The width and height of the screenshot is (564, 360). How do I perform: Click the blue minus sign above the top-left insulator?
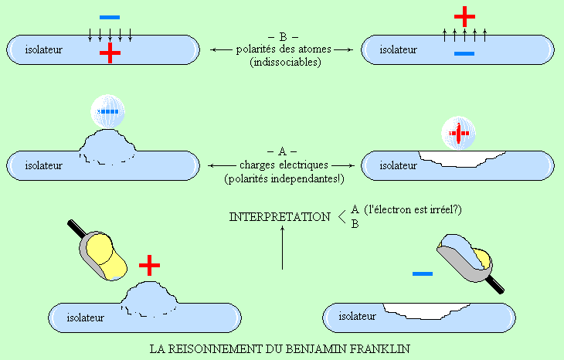coord(110,16)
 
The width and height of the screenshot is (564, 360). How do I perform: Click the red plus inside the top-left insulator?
coord(110,53)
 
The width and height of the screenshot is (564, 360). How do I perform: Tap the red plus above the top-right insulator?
coord(464,16)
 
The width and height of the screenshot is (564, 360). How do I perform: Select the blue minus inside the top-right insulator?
coord(464,53)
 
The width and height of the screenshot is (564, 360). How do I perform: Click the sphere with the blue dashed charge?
coord(107,112)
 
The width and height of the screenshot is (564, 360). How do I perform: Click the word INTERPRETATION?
coord(279,217)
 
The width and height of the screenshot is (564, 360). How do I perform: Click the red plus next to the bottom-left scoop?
coord(149,267)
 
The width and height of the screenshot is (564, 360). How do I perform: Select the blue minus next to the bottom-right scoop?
coord(422,273)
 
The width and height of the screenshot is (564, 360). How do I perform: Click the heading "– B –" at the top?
coord(282,36)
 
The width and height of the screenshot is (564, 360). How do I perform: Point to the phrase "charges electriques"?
coord(282,165)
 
